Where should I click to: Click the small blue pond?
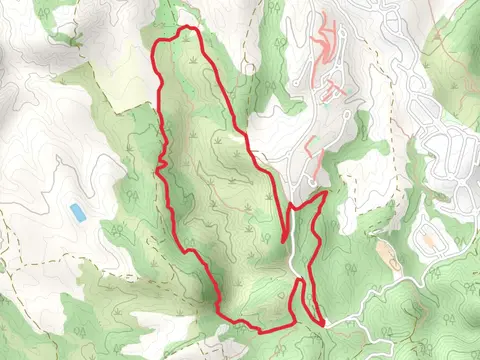pyautogui.click(x=77, y=212)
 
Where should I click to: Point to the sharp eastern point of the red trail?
pyautogui.click(x=326, y=195)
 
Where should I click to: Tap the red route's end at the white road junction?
pyautogui.click(x=324, y=322)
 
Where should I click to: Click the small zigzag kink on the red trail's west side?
pyautogui.click(x=160, y=163)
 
